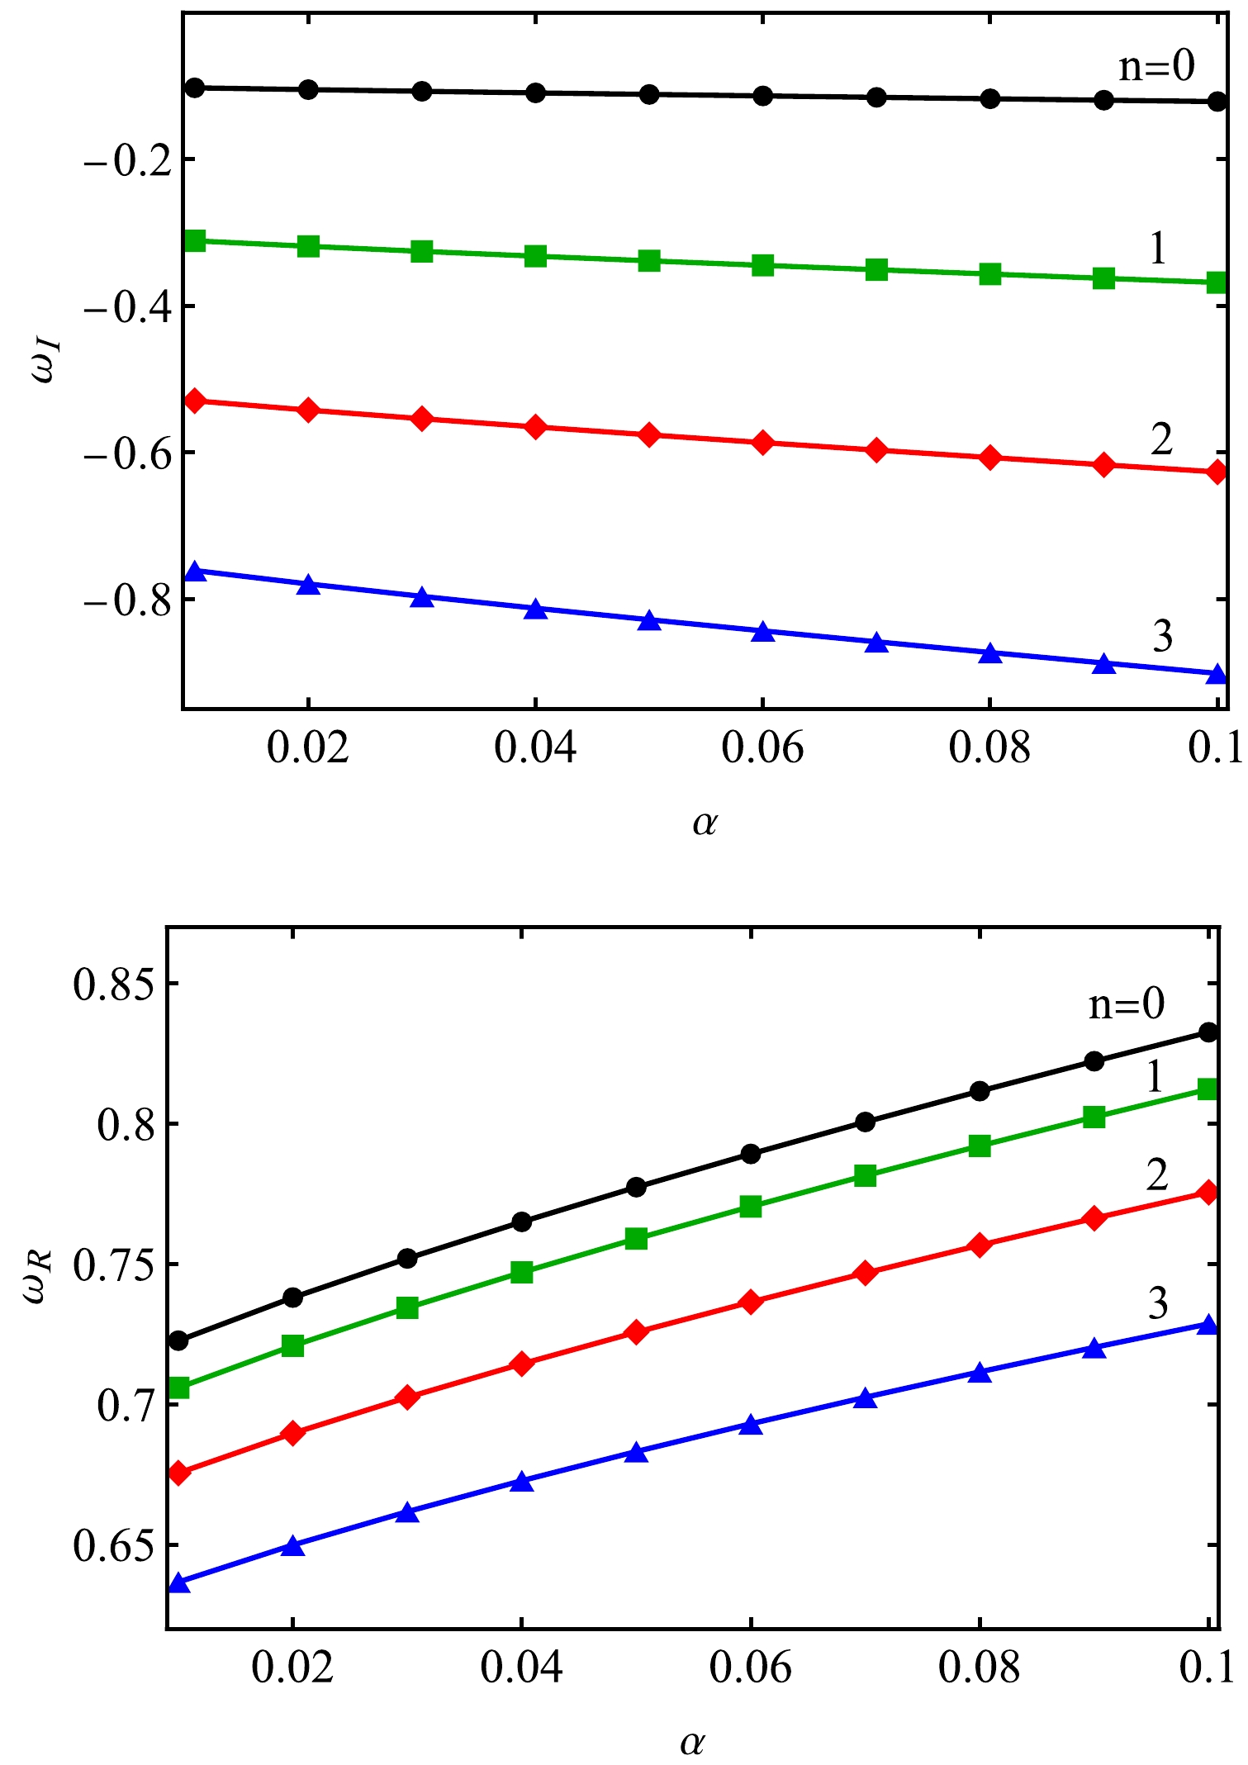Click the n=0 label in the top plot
1156,66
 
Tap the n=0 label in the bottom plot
1127,1004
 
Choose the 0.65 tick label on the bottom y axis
114,1544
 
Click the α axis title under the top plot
705,823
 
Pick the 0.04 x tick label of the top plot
535,747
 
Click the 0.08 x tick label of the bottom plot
979,1668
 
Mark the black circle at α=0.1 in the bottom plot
1208,1032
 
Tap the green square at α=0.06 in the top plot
763,266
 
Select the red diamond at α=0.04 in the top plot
536,427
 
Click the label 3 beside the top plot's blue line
1162,636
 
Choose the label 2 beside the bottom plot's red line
1157,1174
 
